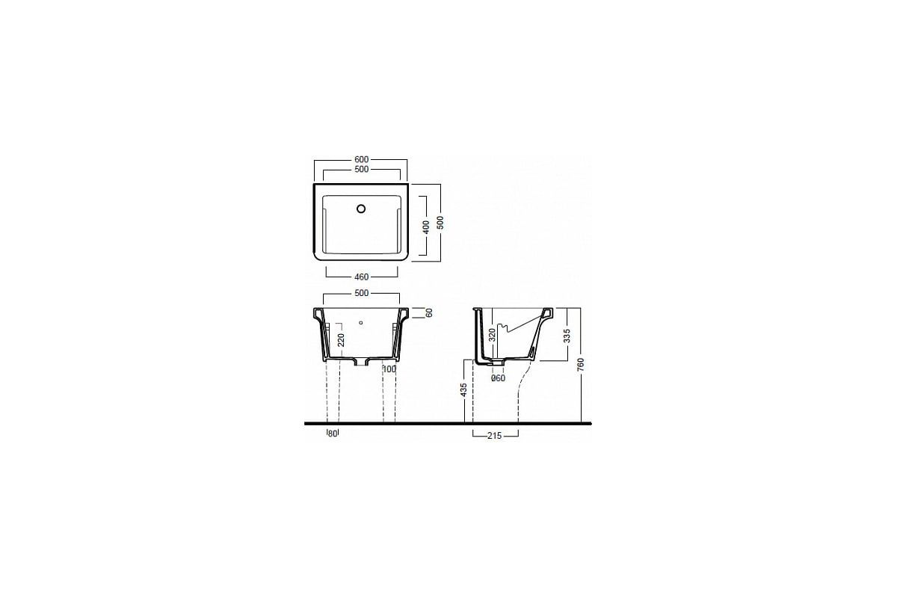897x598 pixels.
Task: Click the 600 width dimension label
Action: (x=361, y=159)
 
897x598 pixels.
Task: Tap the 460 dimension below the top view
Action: (x=361, y=277)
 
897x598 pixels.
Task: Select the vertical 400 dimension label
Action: (x=426, y=226)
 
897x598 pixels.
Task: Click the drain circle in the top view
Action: (x=361, y=209)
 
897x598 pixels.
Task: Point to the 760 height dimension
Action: (x=581, y=364)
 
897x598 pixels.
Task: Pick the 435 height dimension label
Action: (x=463, y=389)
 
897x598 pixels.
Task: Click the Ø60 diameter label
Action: (x=498, y=378)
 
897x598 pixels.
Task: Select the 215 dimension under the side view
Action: (x=495, y=436)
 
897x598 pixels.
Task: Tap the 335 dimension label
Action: (x=567, y=336)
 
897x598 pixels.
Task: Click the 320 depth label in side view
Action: (x=493, y=334)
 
